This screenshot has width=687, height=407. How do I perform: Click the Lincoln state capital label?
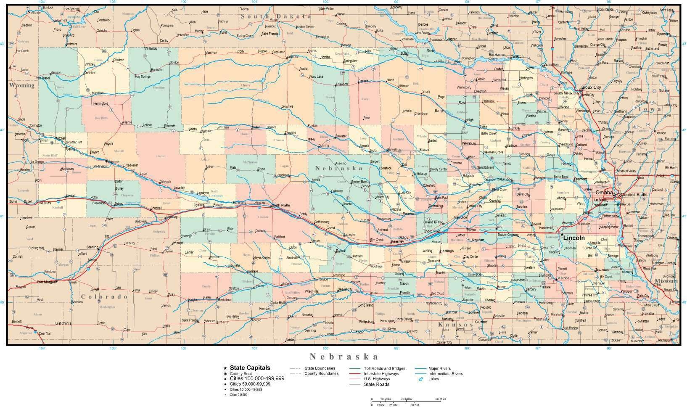click(x=574, y=238)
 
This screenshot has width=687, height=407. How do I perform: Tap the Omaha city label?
click(x=603, y=192)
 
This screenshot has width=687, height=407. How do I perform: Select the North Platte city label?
click(x=281, y=205)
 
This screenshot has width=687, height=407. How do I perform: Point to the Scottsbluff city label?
click(x=77, y=142)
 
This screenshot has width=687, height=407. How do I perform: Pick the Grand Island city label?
click(x=433, y=222)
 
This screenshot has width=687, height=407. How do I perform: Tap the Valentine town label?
click(x=292, y=57)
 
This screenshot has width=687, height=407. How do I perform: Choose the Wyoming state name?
click(x=22, y=85)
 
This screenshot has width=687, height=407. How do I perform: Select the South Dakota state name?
click(x=276, y=16)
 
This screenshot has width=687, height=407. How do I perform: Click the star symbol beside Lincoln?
click(x=562, y=235)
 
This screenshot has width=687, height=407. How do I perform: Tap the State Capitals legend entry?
click(x=250, y=368)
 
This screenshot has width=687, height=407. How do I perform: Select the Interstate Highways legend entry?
click(x=381, y=373)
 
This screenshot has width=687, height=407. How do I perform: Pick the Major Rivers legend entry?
click(x=439, y=368)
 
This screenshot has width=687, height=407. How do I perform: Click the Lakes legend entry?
click(x=433, y=379)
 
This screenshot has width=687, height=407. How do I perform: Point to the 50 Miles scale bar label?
click(x=440, y=399)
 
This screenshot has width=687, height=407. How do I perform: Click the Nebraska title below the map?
click(x=344, y=357)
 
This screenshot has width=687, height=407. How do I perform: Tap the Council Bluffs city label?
click(x=634, y=195)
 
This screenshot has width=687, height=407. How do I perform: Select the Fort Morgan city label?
click(x=46, y=282)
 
